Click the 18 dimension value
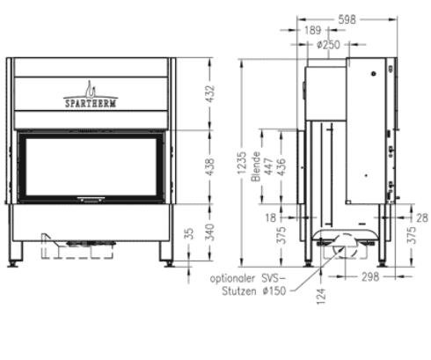271,216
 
